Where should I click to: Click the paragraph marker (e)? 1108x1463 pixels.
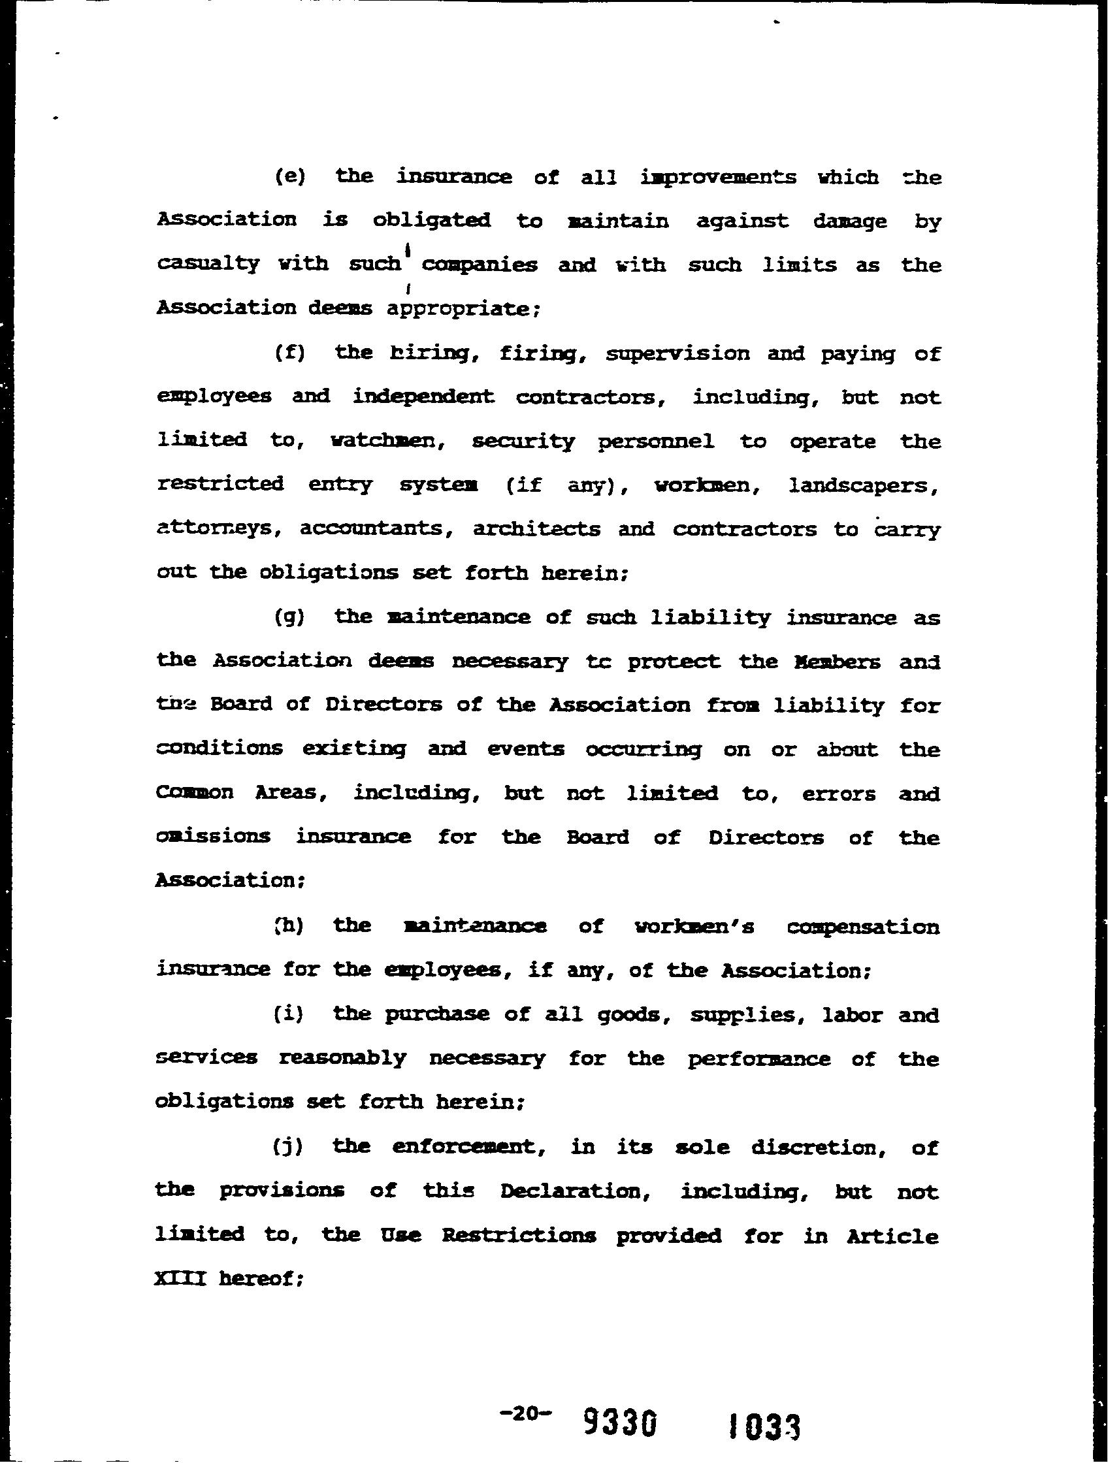(289, 177)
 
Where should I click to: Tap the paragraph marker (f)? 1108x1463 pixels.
(289, 353)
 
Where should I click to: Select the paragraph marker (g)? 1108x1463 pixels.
(289, 617)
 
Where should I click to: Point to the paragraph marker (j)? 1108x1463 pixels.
(288, 1146)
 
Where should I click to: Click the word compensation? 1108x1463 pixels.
(862, 927)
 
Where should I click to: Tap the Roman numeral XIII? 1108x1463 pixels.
(180, 1279)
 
